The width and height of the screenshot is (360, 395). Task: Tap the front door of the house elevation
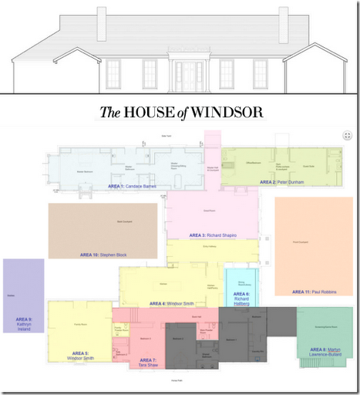188,75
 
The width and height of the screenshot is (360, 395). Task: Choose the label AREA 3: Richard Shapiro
213,235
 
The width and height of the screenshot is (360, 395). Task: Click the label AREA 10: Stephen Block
103,254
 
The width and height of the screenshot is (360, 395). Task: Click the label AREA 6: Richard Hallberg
241,298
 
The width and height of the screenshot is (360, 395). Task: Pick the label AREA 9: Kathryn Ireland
24,323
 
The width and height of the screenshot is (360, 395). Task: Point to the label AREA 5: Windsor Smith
81,356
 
